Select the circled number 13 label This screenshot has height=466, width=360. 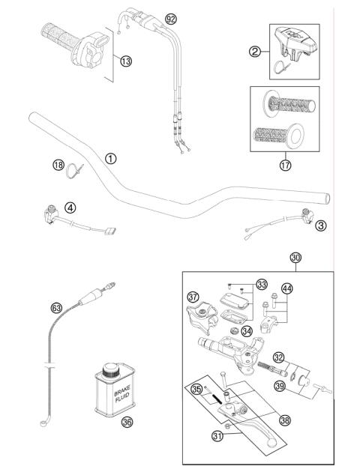[125, 61]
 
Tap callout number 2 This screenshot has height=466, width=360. [254, 52]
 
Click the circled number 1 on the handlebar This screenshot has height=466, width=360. [111, 159]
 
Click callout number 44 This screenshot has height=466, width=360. [286, 288]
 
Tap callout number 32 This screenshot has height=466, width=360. [277, 357]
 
